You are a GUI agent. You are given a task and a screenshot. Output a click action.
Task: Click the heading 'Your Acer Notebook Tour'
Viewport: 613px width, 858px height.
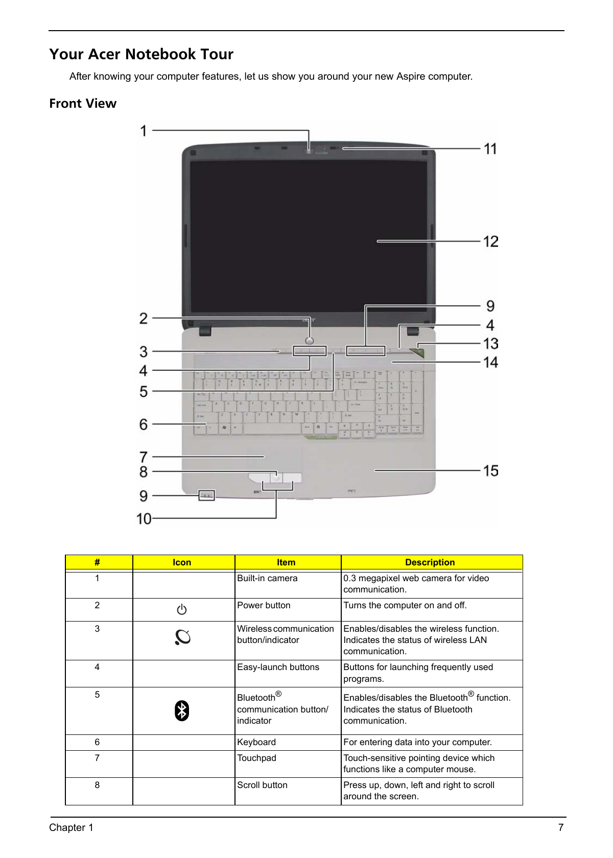pyautogui.click(x=141, y=54)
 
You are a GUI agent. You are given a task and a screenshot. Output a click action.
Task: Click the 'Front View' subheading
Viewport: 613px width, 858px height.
pyautogui.click(x=83, y=103)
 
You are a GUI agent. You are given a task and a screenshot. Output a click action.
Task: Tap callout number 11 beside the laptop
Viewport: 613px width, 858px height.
pyautogui.click(x=490, y=149)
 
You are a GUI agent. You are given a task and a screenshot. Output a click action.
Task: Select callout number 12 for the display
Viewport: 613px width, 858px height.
pyautogui.click(x=490, y=242)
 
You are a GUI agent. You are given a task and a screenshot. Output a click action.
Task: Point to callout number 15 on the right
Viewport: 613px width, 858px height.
pyautogui.click(x=490, y=471)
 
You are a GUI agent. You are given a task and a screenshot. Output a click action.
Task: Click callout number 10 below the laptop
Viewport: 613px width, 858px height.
pyautogui.click(x=144, y=519)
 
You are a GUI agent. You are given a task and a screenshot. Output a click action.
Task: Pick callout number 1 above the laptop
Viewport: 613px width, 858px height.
pyautogui.click(x=143, y=131)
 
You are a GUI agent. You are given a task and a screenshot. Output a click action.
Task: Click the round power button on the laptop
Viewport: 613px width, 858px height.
pyautogui.click(x=310, y=341)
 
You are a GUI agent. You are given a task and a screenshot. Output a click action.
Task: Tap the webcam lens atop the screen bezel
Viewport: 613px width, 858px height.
pyautogui.click(x=309, y=151)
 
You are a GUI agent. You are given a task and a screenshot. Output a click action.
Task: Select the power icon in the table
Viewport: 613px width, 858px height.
pyautogui.click(x=182, y=609)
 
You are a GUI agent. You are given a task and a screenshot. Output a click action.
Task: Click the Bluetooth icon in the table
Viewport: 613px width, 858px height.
pyautogui.click(x=182, y=710)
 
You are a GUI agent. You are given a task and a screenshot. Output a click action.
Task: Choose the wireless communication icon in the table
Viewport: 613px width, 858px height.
pyautogui.click(x=182, y=637)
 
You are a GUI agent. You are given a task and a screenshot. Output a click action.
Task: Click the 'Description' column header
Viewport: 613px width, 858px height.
pyautogui.click(x=430, y=562)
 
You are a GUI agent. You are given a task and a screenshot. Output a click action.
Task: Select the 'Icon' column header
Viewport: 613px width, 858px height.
pyautogui.click(x=182, y=562)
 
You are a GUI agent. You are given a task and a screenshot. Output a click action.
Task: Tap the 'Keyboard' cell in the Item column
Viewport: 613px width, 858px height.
pyautogui.click(x=256, y=742)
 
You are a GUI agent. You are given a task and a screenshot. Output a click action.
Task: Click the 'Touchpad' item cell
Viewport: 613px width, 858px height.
pyautogui.click(x=256, y=758)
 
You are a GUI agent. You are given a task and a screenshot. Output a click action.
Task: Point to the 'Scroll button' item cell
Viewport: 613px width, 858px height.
pyautogui.click(x=262, y=785)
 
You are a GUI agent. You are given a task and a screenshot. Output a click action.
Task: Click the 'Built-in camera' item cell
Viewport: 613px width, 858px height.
pyautogui.click(x=267, y=578)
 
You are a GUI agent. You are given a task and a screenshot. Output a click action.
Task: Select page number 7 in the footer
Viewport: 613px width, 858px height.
pyautogui.click(x=560, y=827)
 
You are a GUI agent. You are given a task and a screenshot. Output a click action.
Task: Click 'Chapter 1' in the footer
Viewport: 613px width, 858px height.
pyautogui.click(x=72, y=827)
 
